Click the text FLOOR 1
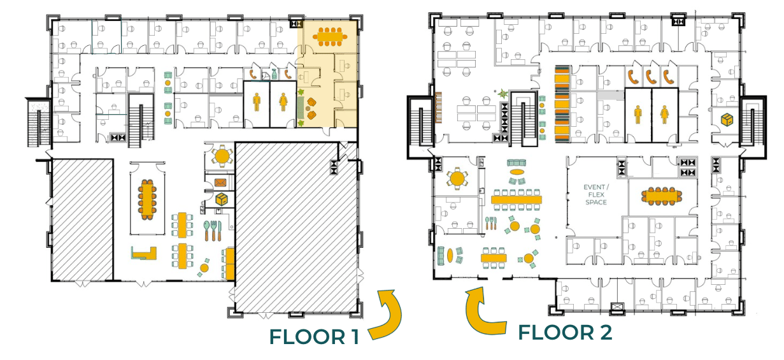coord(314,337)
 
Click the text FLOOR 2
coord(565,333)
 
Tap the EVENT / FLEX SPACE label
coord(596,195)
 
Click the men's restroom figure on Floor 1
coord(257,102)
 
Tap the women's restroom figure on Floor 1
coord(283,102)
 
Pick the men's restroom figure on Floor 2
coord(638,115)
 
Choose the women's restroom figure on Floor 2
coord(665,115)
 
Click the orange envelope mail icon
coord(220,182)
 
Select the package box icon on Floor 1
coord(222,199)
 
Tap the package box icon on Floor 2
coord(727,119)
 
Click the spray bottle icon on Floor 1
coord(274,75)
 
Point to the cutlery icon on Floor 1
coord(213,231)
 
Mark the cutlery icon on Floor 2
coord(490,224)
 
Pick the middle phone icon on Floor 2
coord(650,77)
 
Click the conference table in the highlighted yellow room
coord(330,36)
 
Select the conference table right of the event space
coord(662,196)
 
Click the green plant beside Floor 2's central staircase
coord(502,94)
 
